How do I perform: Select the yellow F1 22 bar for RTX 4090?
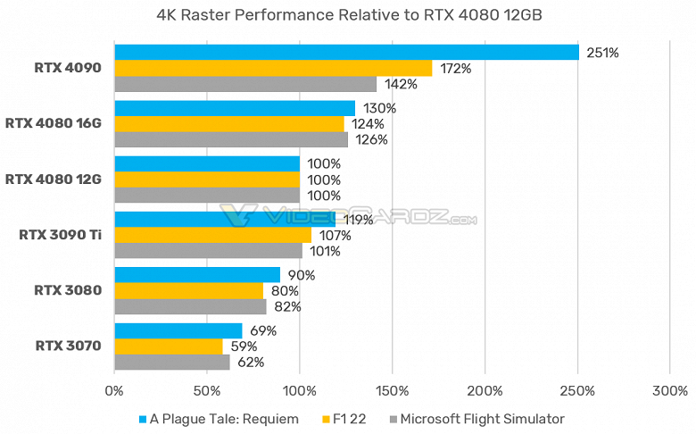273,68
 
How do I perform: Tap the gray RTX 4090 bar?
245,84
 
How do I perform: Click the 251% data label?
602,53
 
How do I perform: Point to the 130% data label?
380,108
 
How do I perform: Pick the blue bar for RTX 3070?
178,330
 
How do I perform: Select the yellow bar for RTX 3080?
189,290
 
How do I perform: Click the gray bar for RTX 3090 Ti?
208,251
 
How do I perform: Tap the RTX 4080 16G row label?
54,123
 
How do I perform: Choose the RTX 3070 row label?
68,346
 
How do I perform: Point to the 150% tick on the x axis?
393,391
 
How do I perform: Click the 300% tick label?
671,391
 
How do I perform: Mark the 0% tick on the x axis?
114,391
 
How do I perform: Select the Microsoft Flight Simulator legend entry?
478,418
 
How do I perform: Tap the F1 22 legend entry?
350,418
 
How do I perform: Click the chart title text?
348,14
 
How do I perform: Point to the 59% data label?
244,346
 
